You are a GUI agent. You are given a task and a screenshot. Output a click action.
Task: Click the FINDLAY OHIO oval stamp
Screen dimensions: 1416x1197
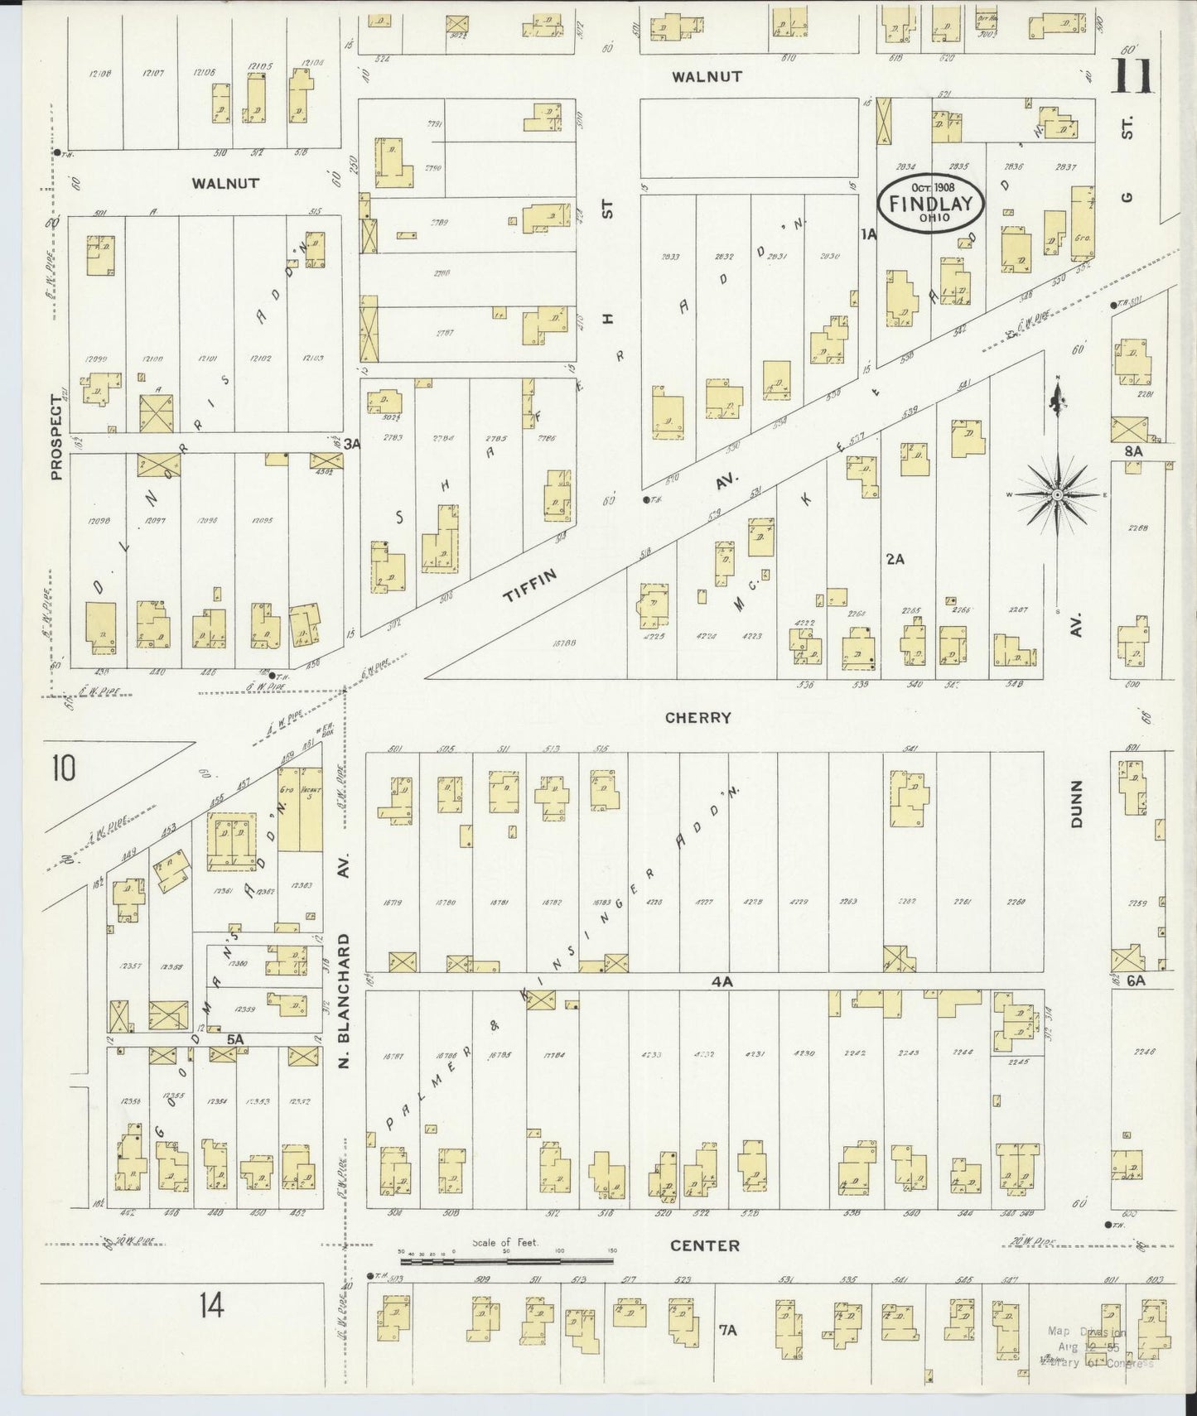coord(931,201)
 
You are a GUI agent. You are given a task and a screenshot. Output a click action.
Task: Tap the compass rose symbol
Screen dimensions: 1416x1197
coord(1057,495)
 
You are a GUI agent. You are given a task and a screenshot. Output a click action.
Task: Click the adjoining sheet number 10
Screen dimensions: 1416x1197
coord(62,768)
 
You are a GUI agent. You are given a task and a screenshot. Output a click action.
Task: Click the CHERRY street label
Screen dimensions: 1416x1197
coord(697,718)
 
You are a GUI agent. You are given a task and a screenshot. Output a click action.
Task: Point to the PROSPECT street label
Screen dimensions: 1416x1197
coord(56,436)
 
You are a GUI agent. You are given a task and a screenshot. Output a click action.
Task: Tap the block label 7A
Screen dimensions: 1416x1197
coord(727,1331)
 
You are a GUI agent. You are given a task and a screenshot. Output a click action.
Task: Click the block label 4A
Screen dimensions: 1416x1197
coord(722,982)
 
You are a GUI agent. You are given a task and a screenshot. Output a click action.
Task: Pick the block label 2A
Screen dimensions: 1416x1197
coord(895,559)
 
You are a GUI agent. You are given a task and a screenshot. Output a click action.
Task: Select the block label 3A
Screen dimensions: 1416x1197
coord(353,444)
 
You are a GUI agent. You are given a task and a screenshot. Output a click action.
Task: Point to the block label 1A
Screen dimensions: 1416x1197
coord(868,235)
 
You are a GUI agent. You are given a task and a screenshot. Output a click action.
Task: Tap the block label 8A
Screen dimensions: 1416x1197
coord(1133,451)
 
